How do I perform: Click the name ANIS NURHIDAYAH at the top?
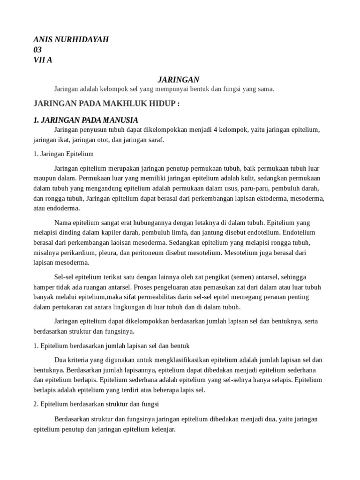pos(71,39)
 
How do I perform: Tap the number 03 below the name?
pos(37,50)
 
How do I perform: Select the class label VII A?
pos(43,60)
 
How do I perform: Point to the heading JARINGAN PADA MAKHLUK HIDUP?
pos(106,104)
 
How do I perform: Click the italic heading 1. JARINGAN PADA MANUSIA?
pos(86,120)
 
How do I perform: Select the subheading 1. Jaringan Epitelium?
pos(64,154)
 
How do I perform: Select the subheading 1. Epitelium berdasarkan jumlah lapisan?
pos(111,346)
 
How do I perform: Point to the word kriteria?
pos(78,360)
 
